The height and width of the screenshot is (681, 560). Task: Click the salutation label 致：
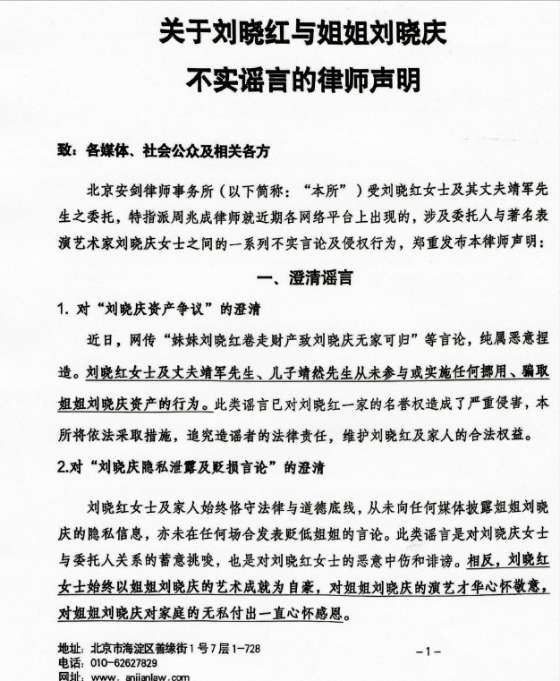[70, 152]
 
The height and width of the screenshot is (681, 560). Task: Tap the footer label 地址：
[71, 648]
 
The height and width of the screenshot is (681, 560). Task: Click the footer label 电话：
[71, 663]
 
